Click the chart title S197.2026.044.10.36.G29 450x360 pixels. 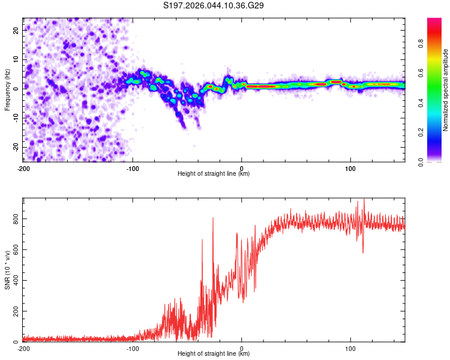(x=214, y=6)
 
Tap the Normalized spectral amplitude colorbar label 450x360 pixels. (x=446, y=90)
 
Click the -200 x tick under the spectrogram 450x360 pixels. (x=23, y=168)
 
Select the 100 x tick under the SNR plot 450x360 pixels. (x=351, y=349)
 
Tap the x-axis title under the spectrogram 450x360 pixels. (x=214, y=174)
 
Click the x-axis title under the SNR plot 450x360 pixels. (x=214, y=355)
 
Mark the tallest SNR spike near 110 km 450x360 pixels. (x=364, y=200)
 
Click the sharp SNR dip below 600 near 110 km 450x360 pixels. (x=363, y=253)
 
